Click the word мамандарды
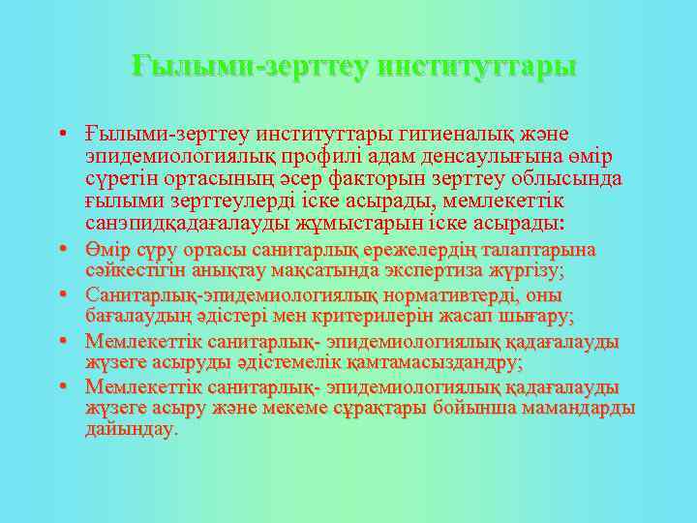[578, 408]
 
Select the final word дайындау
[132, 429]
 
